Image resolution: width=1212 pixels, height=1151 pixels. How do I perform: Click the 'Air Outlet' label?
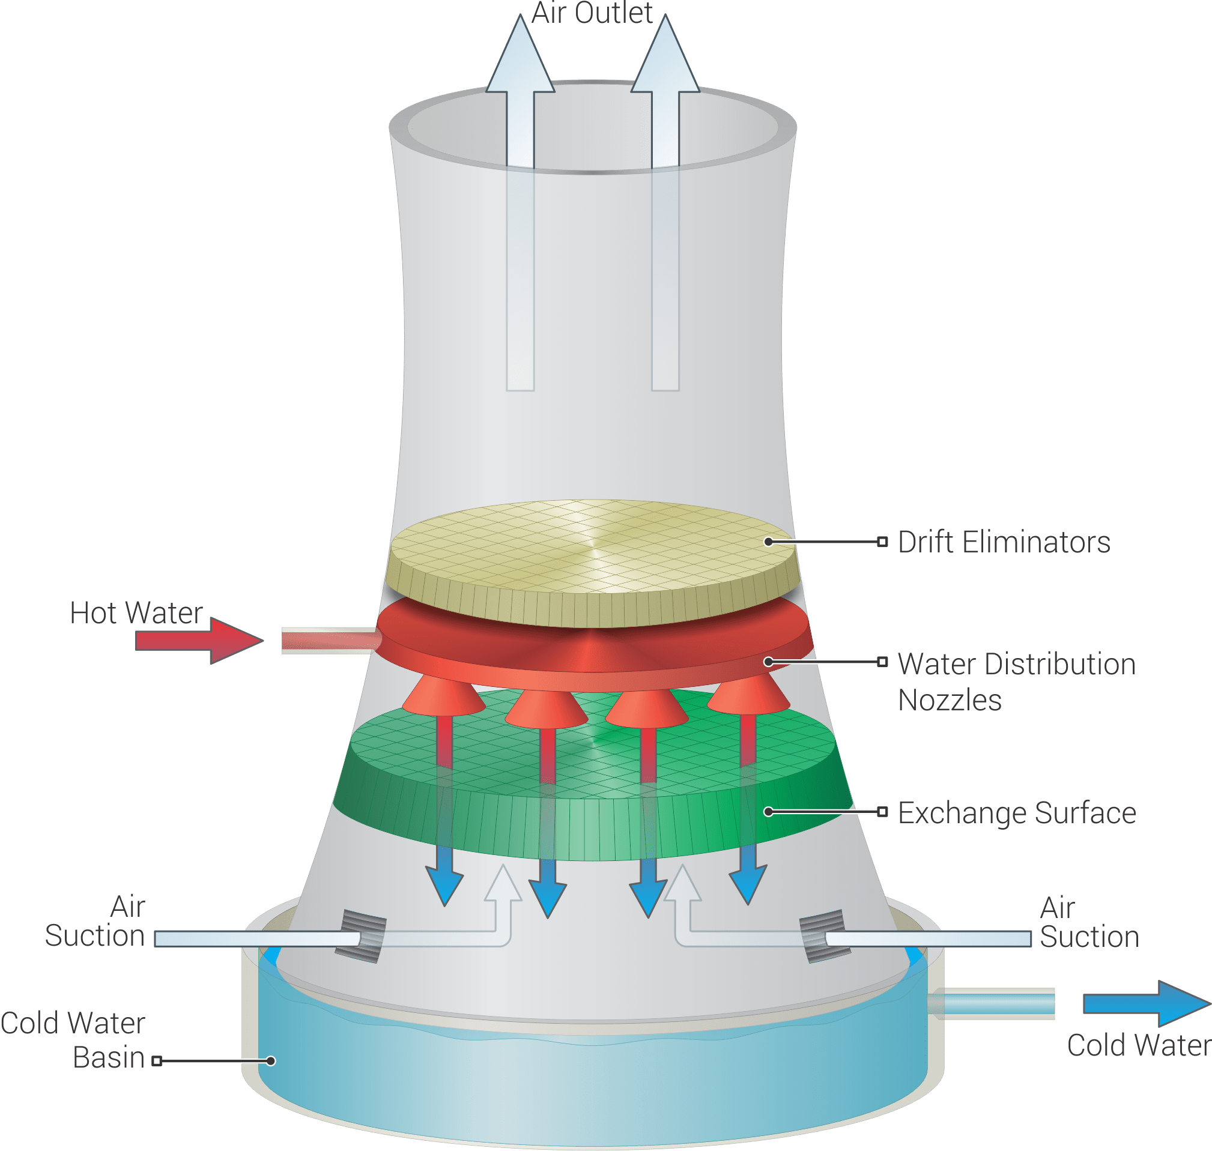[x=591, y=13]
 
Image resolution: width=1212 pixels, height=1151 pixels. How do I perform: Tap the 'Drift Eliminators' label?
[x=1004, y=542]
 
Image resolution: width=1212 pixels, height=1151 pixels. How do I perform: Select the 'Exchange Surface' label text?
[x=1016, y=813]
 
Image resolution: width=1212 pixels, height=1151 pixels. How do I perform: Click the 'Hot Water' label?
[x=136, y=613]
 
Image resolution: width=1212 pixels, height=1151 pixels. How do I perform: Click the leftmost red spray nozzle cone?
[x=443, y=697]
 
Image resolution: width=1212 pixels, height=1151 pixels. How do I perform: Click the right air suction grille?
[x=824, y=936]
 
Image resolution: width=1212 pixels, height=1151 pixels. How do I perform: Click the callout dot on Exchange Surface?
[x=768, y=812]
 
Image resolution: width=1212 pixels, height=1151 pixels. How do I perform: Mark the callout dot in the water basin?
[x=271, y=1061]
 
